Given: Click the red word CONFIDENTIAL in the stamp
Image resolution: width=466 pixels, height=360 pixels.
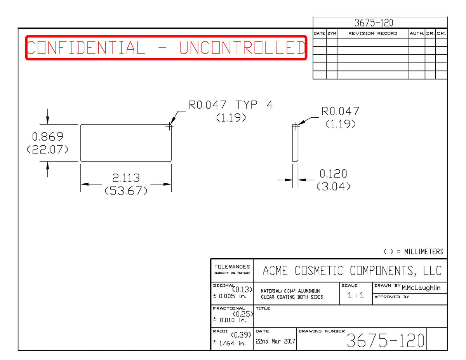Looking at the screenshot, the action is [x=86, y=47].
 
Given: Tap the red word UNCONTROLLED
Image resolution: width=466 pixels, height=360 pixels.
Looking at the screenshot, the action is [x=242, y=47].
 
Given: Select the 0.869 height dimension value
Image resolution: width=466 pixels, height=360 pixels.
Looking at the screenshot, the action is [x=48, y=137].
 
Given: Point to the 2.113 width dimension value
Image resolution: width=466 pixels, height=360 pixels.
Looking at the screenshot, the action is [x=126, y=178].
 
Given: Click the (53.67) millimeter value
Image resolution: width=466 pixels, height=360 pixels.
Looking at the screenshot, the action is [x=126, y=191].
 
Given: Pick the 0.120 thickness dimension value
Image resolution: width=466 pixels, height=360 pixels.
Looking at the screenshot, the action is [x=333, y=174].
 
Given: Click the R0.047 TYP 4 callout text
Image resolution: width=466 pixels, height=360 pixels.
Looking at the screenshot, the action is [x=231, y=105].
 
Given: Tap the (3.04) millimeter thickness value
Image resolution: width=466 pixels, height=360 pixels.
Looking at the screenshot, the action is [x=334, y=186].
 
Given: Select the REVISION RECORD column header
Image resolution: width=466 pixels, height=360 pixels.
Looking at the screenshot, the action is [x=373, y=33].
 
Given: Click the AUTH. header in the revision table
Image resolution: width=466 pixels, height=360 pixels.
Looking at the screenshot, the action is [x=417, y=33].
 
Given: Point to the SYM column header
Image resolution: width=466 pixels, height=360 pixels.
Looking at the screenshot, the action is [x=332, y=33].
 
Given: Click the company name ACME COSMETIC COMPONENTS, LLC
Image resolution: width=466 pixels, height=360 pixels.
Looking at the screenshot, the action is [x=352, y=271].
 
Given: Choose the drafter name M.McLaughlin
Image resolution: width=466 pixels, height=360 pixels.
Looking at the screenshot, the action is [x=421, y=288].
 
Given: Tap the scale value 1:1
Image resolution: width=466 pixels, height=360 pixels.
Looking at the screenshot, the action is [x=356, y=296].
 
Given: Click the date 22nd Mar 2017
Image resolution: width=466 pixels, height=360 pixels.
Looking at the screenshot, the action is [x=275, y=341].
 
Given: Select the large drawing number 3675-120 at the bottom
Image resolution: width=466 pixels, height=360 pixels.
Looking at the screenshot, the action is [x=385, y=341].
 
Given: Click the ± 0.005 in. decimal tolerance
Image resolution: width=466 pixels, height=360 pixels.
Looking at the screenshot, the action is [x=230, y=296].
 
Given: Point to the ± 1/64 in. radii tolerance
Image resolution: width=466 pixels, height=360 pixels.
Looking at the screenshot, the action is [x=230, y=343].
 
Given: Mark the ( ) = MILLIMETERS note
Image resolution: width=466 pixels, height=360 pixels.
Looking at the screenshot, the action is [x=414, y=252].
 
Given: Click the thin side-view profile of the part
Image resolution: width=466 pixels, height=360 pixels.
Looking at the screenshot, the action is [x=295, y=143].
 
